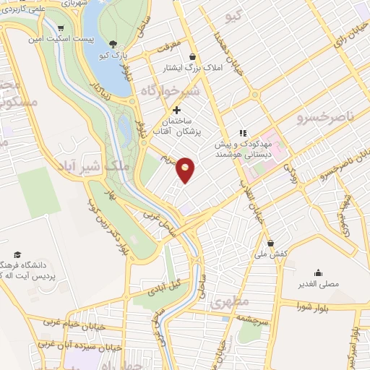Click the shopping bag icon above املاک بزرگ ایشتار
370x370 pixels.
pos(192,56)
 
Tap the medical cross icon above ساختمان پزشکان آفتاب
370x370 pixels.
pos(177,109)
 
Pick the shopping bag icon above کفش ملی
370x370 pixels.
pos(270,243)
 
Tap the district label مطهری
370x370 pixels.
pos(231,302)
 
